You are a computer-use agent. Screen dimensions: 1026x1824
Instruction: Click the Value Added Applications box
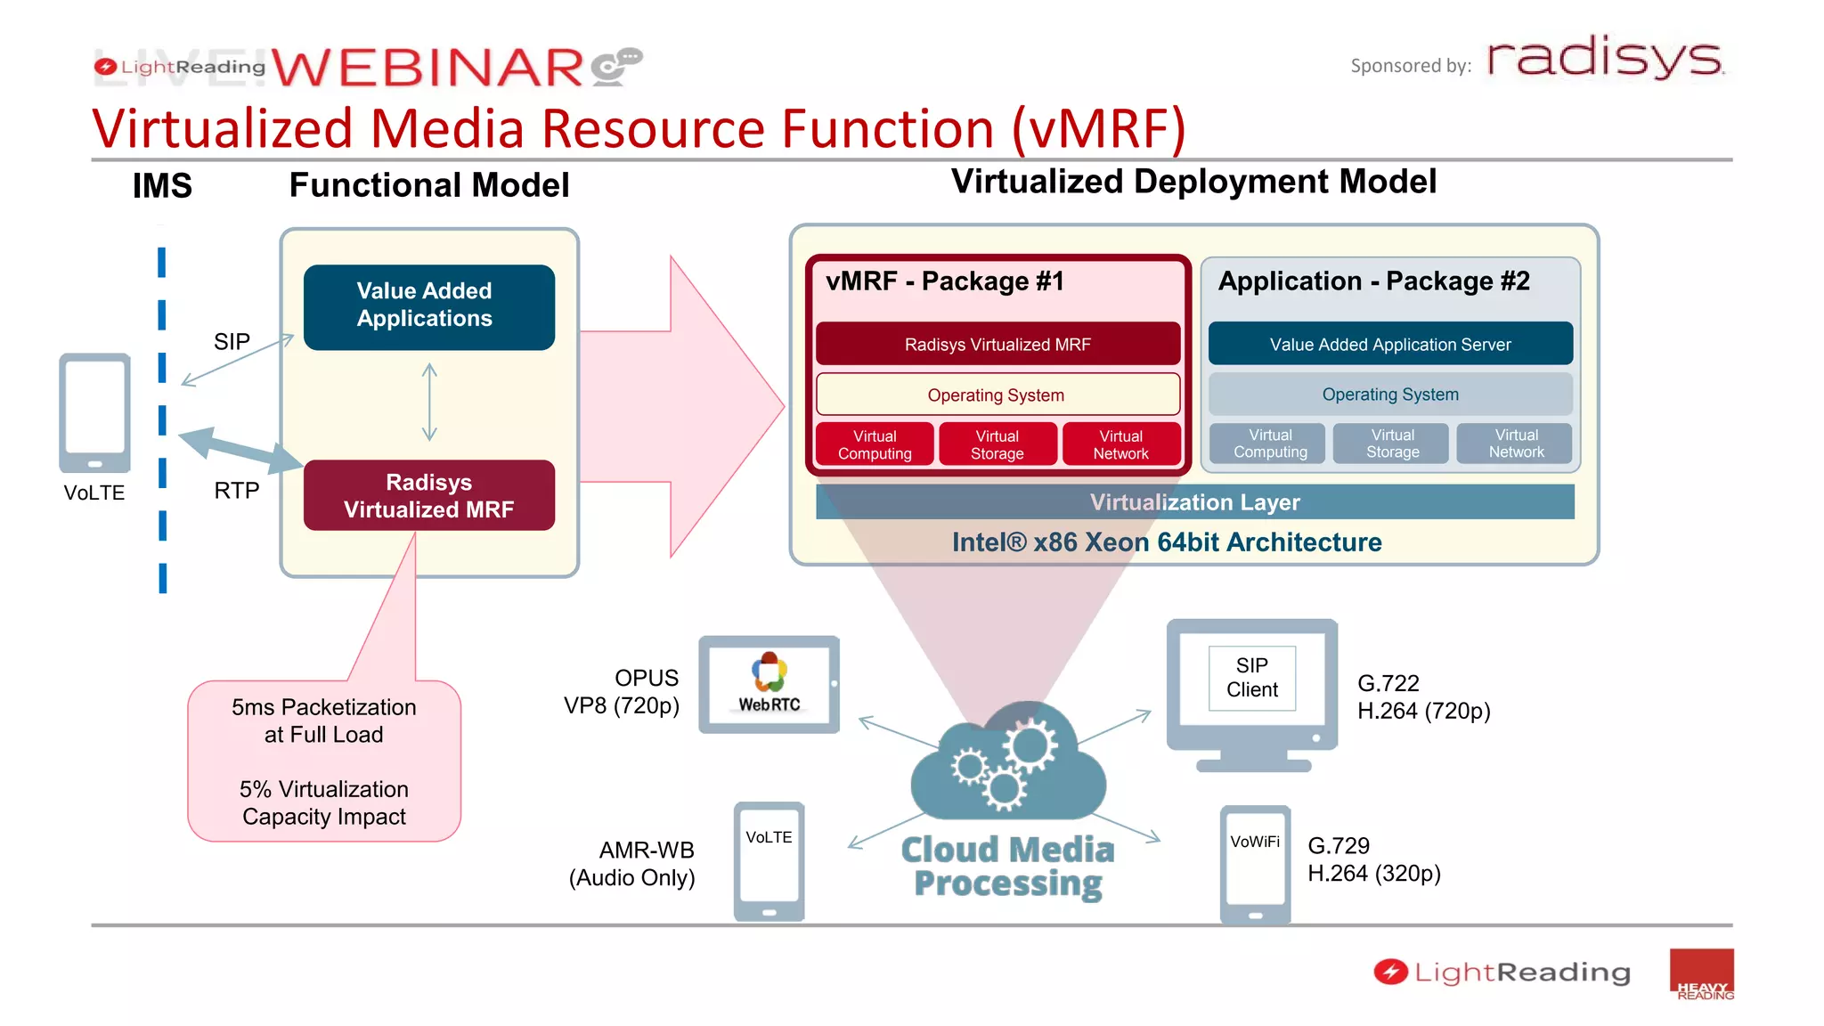(428, 306)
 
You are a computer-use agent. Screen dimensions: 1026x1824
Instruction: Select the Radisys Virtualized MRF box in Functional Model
(428, 495)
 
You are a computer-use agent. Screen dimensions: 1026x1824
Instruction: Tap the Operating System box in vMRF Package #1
(997, 395)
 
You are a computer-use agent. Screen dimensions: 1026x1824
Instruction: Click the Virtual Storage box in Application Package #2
(1392, 444)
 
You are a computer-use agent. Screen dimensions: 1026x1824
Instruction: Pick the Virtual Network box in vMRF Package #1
(1120, 444)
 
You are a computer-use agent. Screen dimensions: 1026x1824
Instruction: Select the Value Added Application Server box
(1389, 344)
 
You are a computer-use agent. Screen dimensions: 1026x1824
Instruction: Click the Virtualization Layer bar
(1194, 502)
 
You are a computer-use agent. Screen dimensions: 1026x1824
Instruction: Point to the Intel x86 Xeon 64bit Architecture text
(1166, 542)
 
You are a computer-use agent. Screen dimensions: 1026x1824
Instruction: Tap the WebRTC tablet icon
(769, 684)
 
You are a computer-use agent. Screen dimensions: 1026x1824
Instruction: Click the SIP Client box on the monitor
(1251, 678)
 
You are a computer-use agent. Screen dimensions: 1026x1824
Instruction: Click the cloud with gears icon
(1007, 762)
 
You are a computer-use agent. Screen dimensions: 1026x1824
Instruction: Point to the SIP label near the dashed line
(232, 341)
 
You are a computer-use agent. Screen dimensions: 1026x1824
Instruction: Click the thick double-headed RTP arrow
(240, 451)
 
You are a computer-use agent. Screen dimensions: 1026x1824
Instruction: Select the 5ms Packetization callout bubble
(324, 761)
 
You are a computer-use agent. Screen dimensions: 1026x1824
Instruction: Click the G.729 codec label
(1338, 845)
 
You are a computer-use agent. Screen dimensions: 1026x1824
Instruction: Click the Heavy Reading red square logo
(1701, 974)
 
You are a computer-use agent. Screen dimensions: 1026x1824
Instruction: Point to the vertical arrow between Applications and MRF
(429, 403)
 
